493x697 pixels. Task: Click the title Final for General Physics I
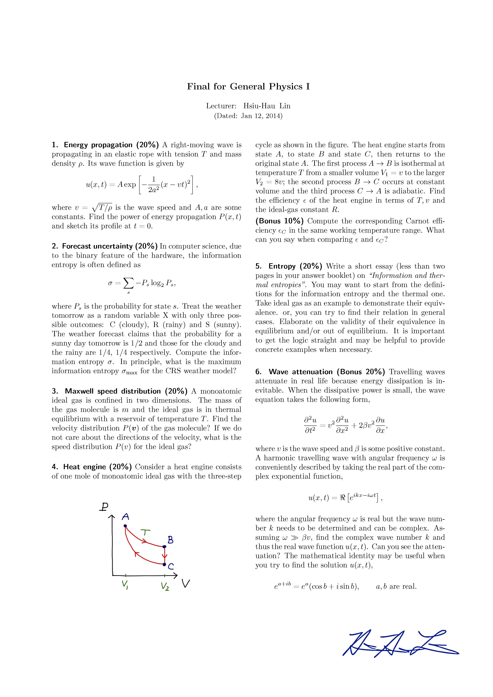(248, 87)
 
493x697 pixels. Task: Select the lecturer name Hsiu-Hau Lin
(267, 106)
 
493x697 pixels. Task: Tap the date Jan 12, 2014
(261, 116)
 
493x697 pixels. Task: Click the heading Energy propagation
(98, 145)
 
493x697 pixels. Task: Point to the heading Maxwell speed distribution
(113, 391)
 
